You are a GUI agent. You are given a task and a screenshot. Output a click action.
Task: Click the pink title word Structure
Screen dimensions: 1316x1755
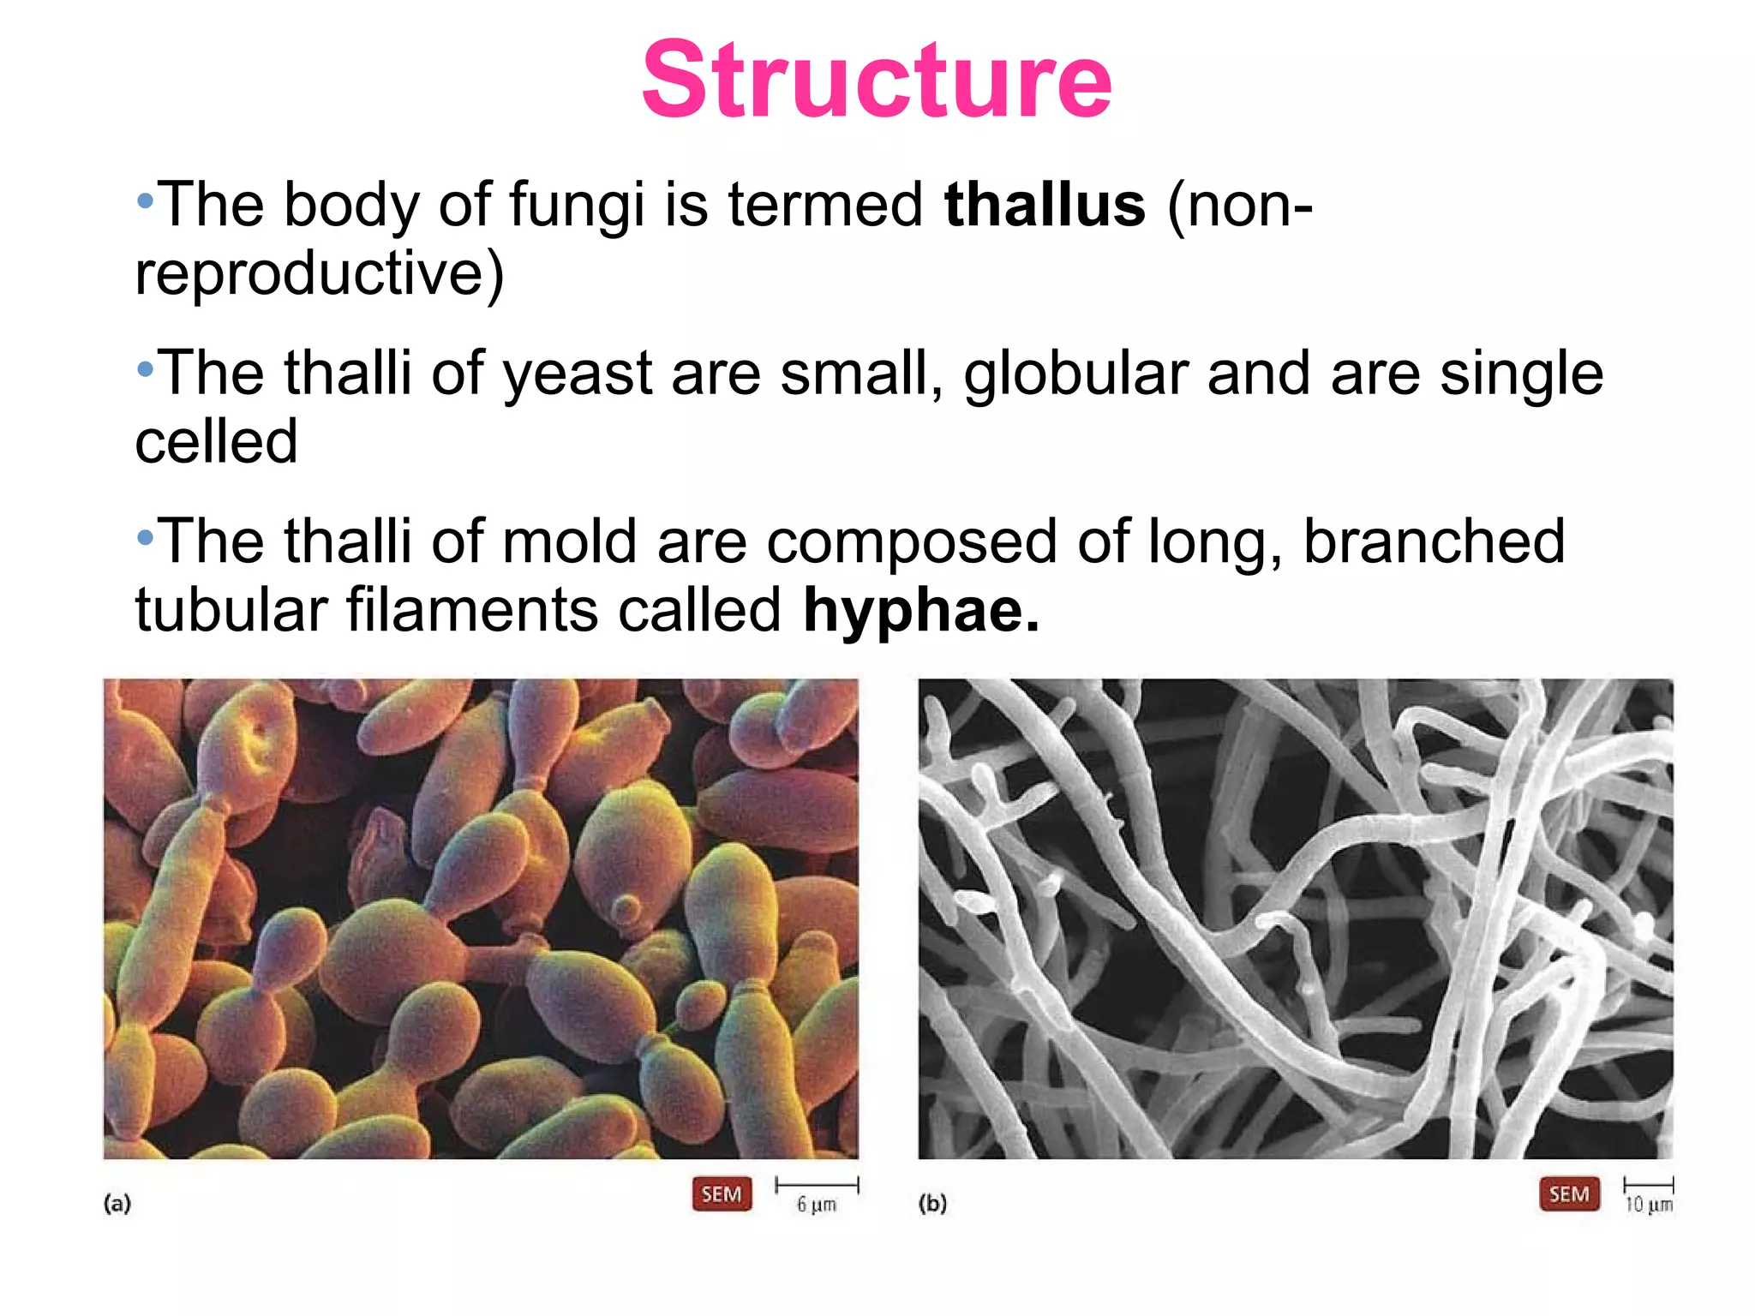[x=876, y=81]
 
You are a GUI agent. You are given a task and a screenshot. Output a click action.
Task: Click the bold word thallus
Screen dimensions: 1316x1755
[x=1044, y=206]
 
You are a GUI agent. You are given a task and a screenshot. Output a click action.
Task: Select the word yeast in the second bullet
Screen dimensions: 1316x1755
[x=577, y=374]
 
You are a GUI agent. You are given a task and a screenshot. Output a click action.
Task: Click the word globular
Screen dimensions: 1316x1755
[x=1075, y=374]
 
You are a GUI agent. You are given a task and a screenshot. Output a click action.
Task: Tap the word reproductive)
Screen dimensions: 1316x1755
[x=320, y=274]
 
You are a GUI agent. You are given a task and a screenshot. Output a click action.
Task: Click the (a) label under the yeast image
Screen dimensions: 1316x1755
[x=117, y=1204]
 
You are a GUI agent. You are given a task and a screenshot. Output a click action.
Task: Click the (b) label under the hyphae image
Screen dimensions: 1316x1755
[x=932, y=1204]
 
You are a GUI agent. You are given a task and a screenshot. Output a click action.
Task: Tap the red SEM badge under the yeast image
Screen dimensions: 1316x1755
[x=722, y=1194]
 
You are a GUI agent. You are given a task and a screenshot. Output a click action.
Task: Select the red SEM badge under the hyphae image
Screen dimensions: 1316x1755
[x=1569, y=1194]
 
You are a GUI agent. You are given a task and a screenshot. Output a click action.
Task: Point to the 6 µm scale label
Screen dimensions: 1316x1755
[x=816, y=1205]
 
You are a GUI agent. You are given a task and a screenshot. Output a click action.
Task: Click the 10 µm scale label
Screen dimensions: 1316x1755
[x=1649, y=1205]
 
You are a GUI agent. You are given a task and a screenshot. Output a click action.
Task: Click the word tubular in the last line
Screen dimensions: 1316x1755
[x=231, y=611]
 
